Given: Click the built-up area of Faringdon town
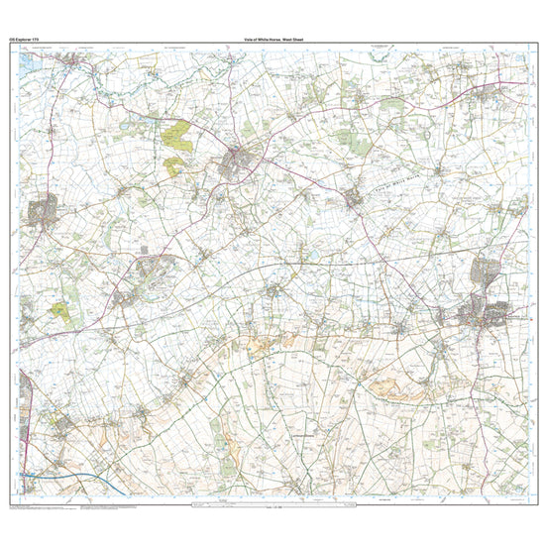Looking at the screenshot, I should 242,160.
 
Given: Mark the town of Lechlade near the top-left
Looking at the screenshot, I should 73,64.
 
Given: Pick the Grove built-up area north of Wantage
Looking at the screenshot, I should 489,272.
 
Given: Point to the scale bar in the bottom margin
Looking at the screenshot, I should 272,507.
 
